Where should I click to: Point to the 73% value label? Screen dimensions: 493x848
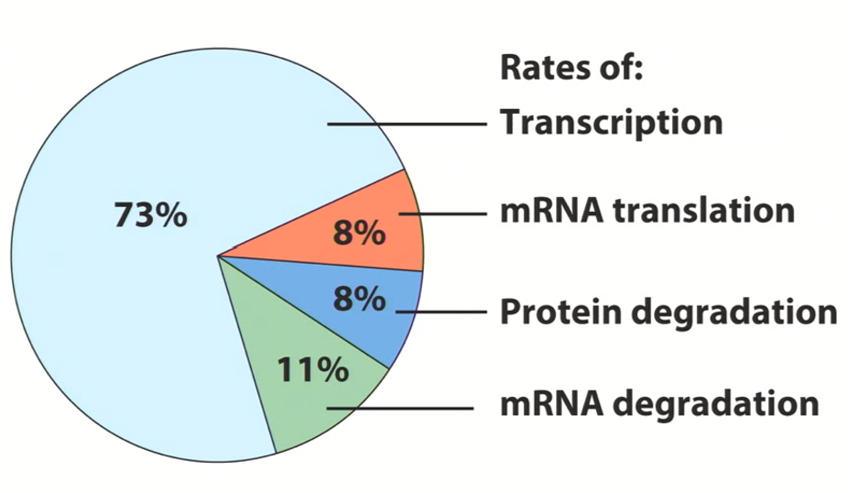coord(150,216)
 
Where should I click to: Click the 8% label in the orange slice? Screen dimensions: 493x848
coord(359,235)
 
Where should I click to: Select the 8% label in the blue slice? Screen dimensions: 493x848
coord(359,299)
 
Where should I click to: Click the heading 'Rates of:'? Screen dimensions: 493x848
coord(572,69)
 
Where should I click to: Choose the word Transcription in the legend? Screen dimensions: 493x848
coord(611,123)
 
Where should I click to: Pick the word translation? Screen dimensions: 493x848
coord(702,212)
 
